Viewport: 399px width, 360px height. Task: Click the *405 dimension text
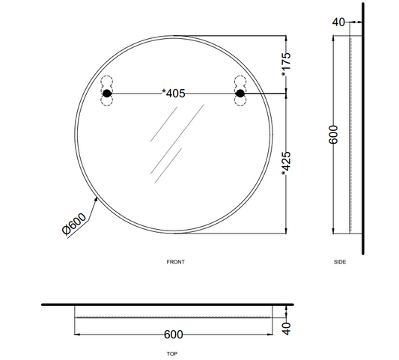pos(174,94)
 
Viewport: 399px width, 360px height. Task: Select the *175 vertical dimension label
pos(286,64)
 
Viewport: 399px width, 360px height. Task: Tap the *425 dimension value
pos(286,164)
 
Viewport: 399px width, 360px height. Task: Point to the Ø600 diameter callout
pos(74,224)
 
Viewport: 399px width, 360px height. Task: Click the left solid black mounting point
pos(107,94)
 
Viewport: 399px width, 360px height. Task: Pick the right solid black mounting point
pos(240,94)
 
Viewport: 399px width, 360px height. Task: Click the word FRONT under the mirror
pos(176,262)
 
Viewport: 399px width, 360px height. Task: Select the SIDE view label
pos(340,262)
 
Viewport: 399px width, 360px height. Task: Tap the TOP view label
pos(172,354)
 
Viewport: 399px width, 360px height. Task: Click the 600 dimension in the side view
pos(333,135)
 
